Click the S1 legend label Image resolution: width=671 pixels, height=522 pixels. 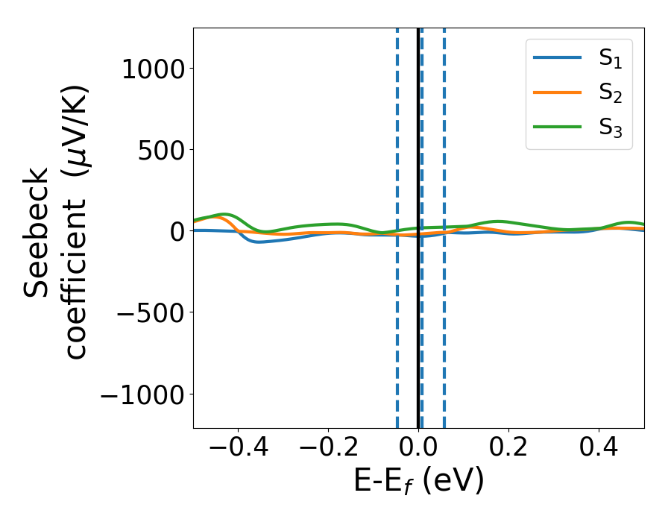tap(610, 59)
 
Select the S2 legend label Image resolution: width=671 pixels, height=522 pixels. tap(610, 93)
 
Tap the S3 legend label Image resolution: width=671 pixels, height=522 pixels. tap(610, 128)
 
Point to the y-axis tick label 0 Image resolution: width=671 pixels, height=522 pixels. tap(176, 232)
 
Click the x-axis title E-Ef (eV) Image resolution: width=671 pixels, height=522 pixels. tap(418, 481)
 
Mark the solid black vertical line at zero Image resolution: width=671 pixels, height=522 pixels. tap(418, 336)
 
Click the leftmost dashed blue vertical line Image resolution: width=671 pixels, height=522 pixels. tap(397, 336)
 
